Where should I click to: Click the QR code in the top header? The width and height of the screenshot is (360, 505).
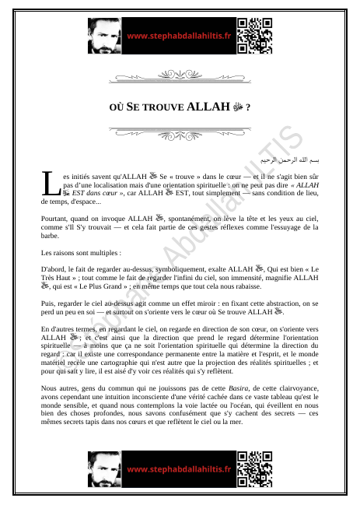point(254,35)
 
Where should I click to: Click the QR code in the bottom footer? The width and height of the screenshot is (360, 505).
point(254,469)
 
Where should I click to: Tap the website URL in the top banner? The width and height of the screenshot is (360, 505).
point(179,36)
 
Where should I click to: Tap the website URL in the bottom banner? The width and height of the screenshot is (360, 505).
point(179,469)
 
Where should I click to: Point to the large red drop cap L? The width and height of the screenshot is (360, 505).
point(50,184)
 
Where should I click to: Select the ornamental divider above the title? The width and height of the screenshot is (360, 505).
point(180,78)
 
